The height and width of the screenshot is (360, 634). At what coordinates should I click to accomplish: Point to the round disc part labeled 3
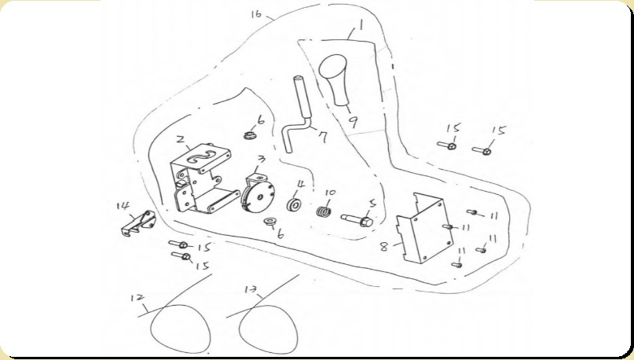258,193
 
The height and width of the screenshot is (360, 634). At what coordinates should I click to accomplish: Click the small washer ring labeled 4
295,204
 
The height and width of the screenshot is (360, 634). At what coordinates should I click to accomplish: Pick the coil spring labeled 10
324,211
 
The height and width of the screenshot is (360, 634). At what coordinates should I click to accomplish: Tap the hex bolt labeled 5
357,220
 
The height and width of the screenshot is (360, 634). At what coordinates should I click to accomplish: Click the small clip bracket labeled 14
138,223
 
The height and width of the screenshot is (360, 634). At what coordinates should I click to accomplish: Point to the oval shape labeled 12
181,329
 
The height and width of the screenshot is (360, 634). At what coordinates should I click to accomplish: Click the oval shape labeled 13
269,329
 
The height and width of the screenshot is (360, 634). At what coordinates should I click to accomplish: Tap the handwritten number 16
256,15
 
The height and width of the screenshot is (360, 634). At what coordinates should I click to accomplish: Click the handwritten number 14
123,206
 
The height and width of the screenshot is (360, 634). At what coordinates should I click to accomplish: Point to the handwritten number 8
384,246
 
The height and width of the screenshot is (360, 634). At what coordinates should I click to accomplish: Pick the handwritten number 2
181,140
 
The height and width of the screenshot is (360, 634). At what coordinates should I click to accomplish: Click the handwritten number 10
329,193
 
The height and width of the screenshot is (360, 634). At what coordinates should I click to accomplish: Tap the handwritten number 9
354,122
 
